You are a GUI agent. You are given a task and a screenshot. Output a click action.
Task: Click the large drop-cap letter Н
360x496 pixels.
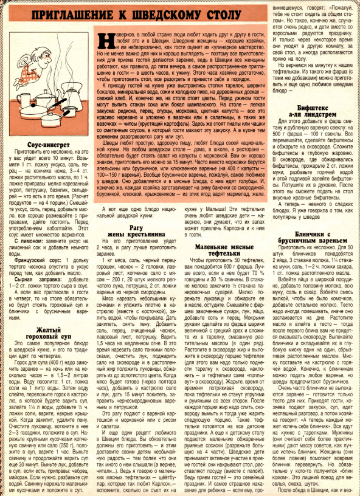point(105,41)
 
